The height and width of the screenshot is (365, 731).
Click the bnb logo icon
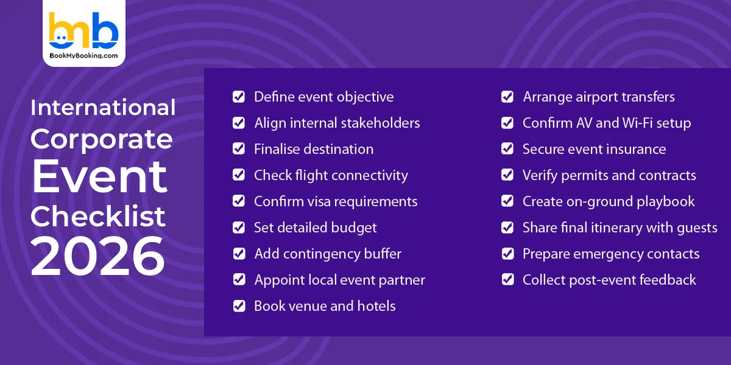tap(83, 30)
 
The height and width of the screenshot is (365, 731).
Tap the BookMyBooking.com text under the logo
tap(83, 55)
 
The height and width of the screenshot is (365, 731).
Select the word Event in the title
tap(99, 176)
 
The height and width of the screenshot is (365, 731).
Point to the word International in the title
tap(103, 108)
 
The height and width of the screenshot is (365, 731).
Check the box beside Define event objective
tap(239, 97)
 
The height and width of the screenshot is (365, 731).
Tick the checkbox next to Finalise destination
tap(239, 149)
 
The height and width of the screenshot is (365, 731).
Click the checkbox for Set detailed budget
tap(239, 228)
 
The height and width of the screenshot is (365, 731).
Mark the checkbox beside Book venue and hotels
tap(239, 306)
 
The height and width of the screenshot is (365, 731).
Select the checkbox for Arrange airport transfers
tap(507, 97)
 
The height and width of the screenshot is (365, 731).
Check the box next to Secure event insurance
tap(507, 149)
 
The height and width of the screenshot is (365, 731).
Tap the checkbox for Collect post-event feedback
tap(507, 280)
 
